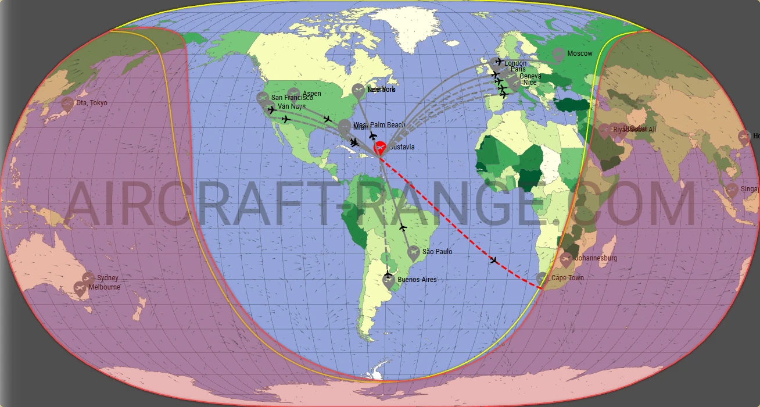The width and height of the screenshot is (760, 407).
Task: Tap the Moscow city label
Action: coord(580,53)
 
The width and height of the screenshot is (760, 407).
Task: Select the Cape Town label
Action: coord(567,278)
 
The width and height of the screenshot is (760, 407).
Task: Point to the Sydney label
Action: coord(107,278)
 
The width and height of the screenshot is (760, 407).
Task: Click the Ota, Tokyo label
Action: coord(92,103)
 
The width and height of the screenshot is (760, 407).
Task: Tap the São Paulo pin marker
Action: coord(413,252)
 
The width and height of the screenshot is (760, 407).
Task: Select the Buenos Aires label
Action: coord(417,280)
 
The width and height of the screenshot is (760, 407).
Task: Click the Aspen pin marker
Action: coord(294,94)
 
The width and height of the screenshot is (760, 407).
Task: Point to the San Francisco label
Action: coord(292,98)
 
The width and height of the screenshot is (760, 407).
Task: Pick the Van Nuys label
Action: coord(292,106)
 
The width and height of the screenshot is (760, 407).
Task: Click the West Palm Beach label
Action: coord(379,125)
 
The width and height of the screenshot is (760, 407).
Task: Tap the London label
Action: coord(515,63)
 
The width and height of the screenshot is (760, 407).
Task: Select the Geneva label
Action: coord(530,76)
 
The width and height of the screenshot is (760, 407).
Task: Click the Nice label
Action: coord(530,83)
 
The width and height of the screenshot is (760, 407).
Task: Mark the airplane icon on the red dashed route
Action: coord(494,260)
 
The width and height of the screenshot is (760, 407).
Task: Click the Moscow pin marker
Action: coord(558,55)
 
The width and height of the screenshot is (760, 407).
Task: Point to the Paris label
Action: coord(518,69)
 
